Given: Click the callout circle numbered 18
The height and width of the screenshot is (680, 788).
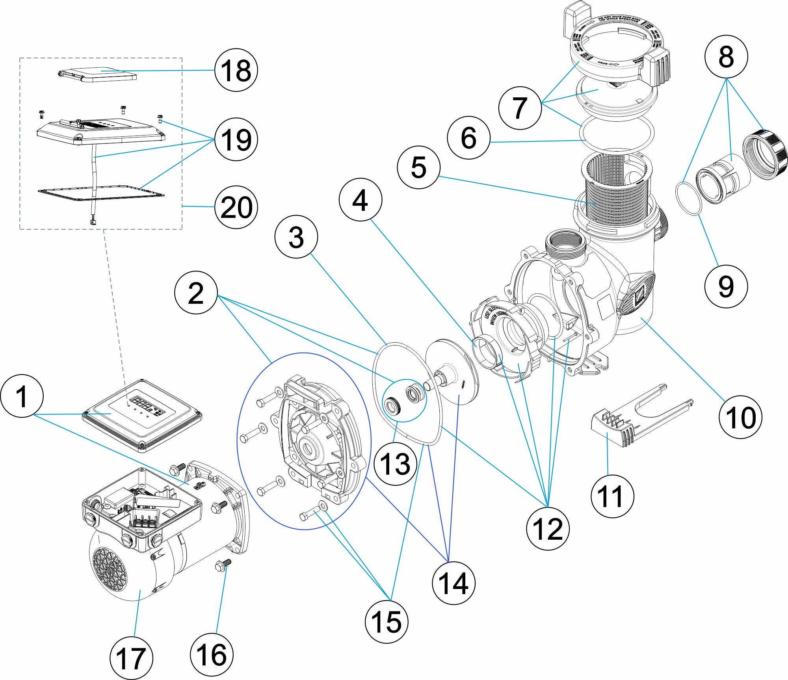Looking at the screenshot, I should (236, 70).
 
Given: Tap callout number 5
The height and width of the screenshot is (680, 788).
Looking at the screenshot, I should (418, 167).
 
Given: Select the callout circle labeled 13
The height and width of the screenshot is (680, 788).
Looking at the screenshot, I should (395, 464).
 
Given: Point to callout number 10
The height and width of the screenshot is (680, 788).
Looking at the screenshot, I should (740, 417).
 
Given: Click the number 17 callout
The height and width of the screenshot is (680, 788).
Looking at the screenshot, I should (131, 658).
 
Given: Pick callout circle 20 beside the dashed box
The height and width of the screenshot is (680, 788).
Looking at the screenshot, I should (236, 207).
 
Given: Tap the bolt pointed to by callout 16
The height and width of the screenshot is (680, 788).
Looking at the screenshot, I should (223, 566).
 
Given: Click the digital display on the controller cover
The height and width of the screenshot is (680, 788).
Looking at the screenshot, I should (145, 404).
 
